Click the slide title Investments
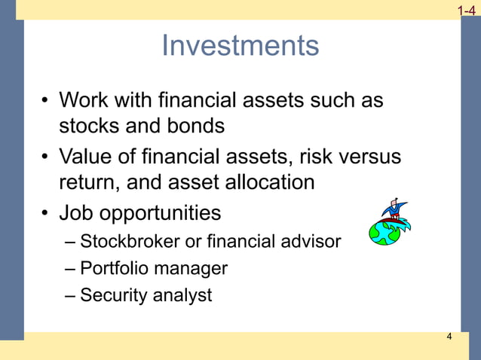pyautogui.click(x=240, y=46)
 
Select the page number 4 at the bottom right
pyautogui.click(x=449, y=337)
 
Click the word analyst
pyautogui.click(x=182, y=295)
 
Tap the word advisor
pyautogui.click(x=312, y=242)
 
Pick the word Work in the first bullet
pyautogui.click(x=84, y=99)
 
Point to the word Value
pyautogui.click(x=89, y=157)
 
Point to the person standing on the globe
pyautogui.click(x=393, y=209)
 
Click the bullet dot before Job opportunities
pyautogui.click(x=46, y=214)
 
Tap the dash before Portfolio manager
pyautogui.click(x=70, y=269)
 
